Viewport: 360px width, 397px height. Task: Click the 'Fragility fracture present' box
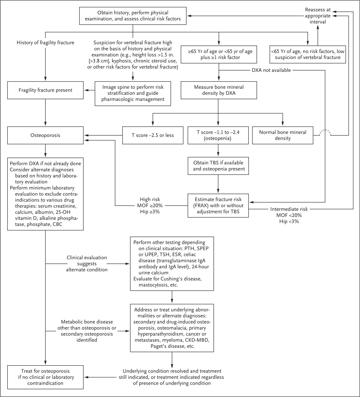[45, 90]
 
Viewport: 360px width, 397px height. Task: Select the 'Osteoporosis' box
[45, 135]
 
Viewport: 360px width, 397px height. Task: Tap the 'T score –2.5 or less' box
[153, 135]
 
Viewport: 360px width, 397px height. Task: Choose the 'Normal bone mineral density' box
[283, 135]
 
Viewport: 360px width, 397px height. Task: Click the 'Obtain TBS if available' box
[218, 166]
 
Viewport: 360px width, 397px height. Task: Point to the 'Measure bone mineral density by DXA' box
[219, 90]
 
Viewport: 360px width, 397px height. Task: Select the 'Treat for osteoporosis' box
[45, 377]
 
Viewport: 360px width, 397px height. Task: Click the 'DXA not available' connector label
[271, 70]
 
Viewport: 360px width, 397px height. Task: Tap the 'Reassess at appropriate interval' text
[318, 16]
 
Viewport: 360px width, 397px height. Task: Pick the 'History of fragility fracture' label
[45, 43]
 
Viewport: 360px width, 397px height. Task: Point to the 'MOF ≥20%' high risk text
[150, 205]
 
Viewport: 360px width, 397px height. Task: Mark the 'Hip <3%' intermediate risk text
[289, 221]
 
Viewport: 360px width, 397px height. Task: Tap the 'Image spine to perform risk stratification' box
[133, 93]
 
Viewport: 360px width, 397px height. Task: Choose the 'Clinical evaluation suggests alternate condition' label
[87, 264]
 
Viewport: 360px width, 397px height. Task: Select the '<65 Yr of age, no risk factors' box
[308, 55]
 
